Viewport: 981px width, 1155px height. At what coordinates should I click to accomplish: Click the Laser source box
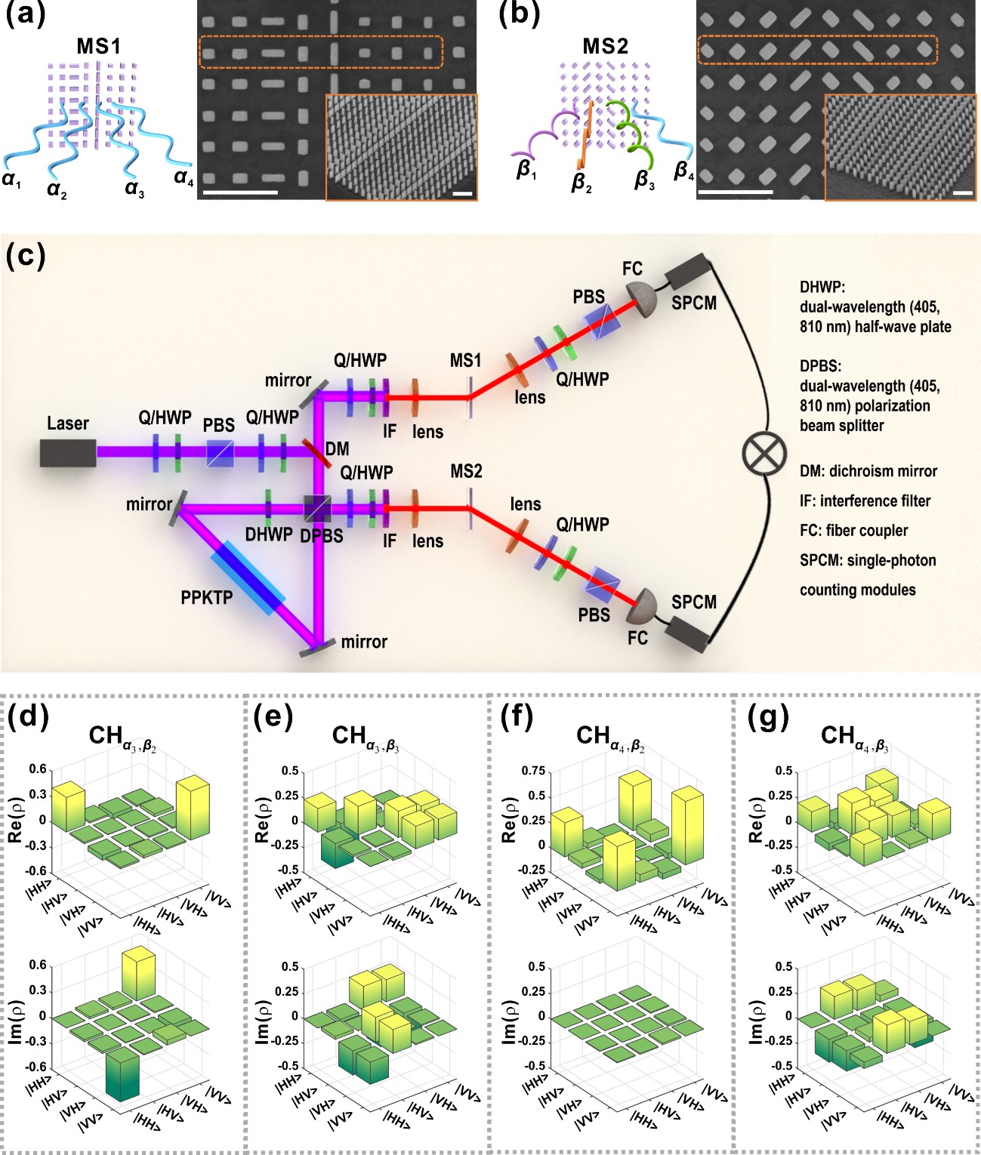pos(68,452)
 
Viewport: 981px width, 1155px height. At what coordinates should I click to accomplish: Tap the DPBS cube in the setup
pos(318,508)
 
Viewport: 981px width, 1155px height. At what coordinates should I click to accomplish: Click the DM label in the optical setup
pos(337,449)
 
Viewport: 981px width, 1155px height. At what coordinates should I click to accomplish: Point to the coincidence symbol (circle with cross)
pos(764,454)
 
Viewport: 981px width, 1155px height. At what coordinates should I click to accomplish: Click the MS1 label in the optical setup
pos(465,361)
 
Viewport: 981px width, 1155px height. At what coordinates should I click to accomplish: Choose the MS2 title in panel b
pos(605,47)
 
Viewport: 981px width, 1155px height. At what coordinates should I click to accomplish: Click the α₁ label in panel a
pos(11,179)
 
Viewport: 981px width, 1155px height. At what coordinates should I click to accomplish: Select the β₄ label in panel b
pos(683,171)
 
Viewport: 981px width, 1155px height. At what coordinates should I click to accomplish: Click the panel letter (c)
pos(25,256)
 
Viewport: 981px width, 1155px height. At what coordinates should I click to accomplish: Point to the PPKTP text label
pos(206,598)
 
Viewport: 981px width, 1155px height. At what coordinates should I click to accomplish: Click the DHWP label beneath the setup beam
pos(268,534)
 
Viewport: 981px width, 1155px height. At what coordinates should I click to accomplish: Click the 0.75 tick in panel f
pos(533,771)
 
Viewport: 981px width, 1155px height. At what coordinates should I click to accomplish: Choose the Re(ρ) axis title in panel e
pos(262,818)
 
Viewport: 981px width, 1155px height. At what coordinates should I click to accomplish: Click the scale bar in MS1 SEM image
pos(241,192)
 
